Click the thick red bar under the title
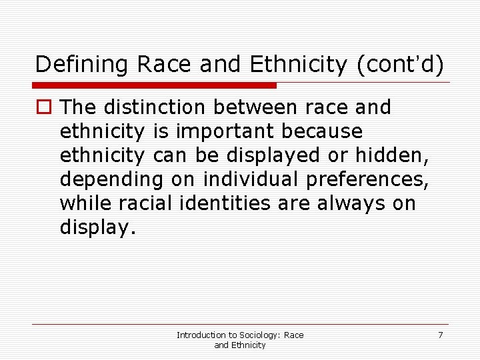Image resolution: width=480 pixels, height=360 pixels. click(155, 85)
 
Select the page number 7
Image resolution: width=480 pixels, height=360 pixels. click(440, 335)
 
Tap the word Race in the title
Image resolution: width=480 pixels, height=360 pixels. click(160, 65)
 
